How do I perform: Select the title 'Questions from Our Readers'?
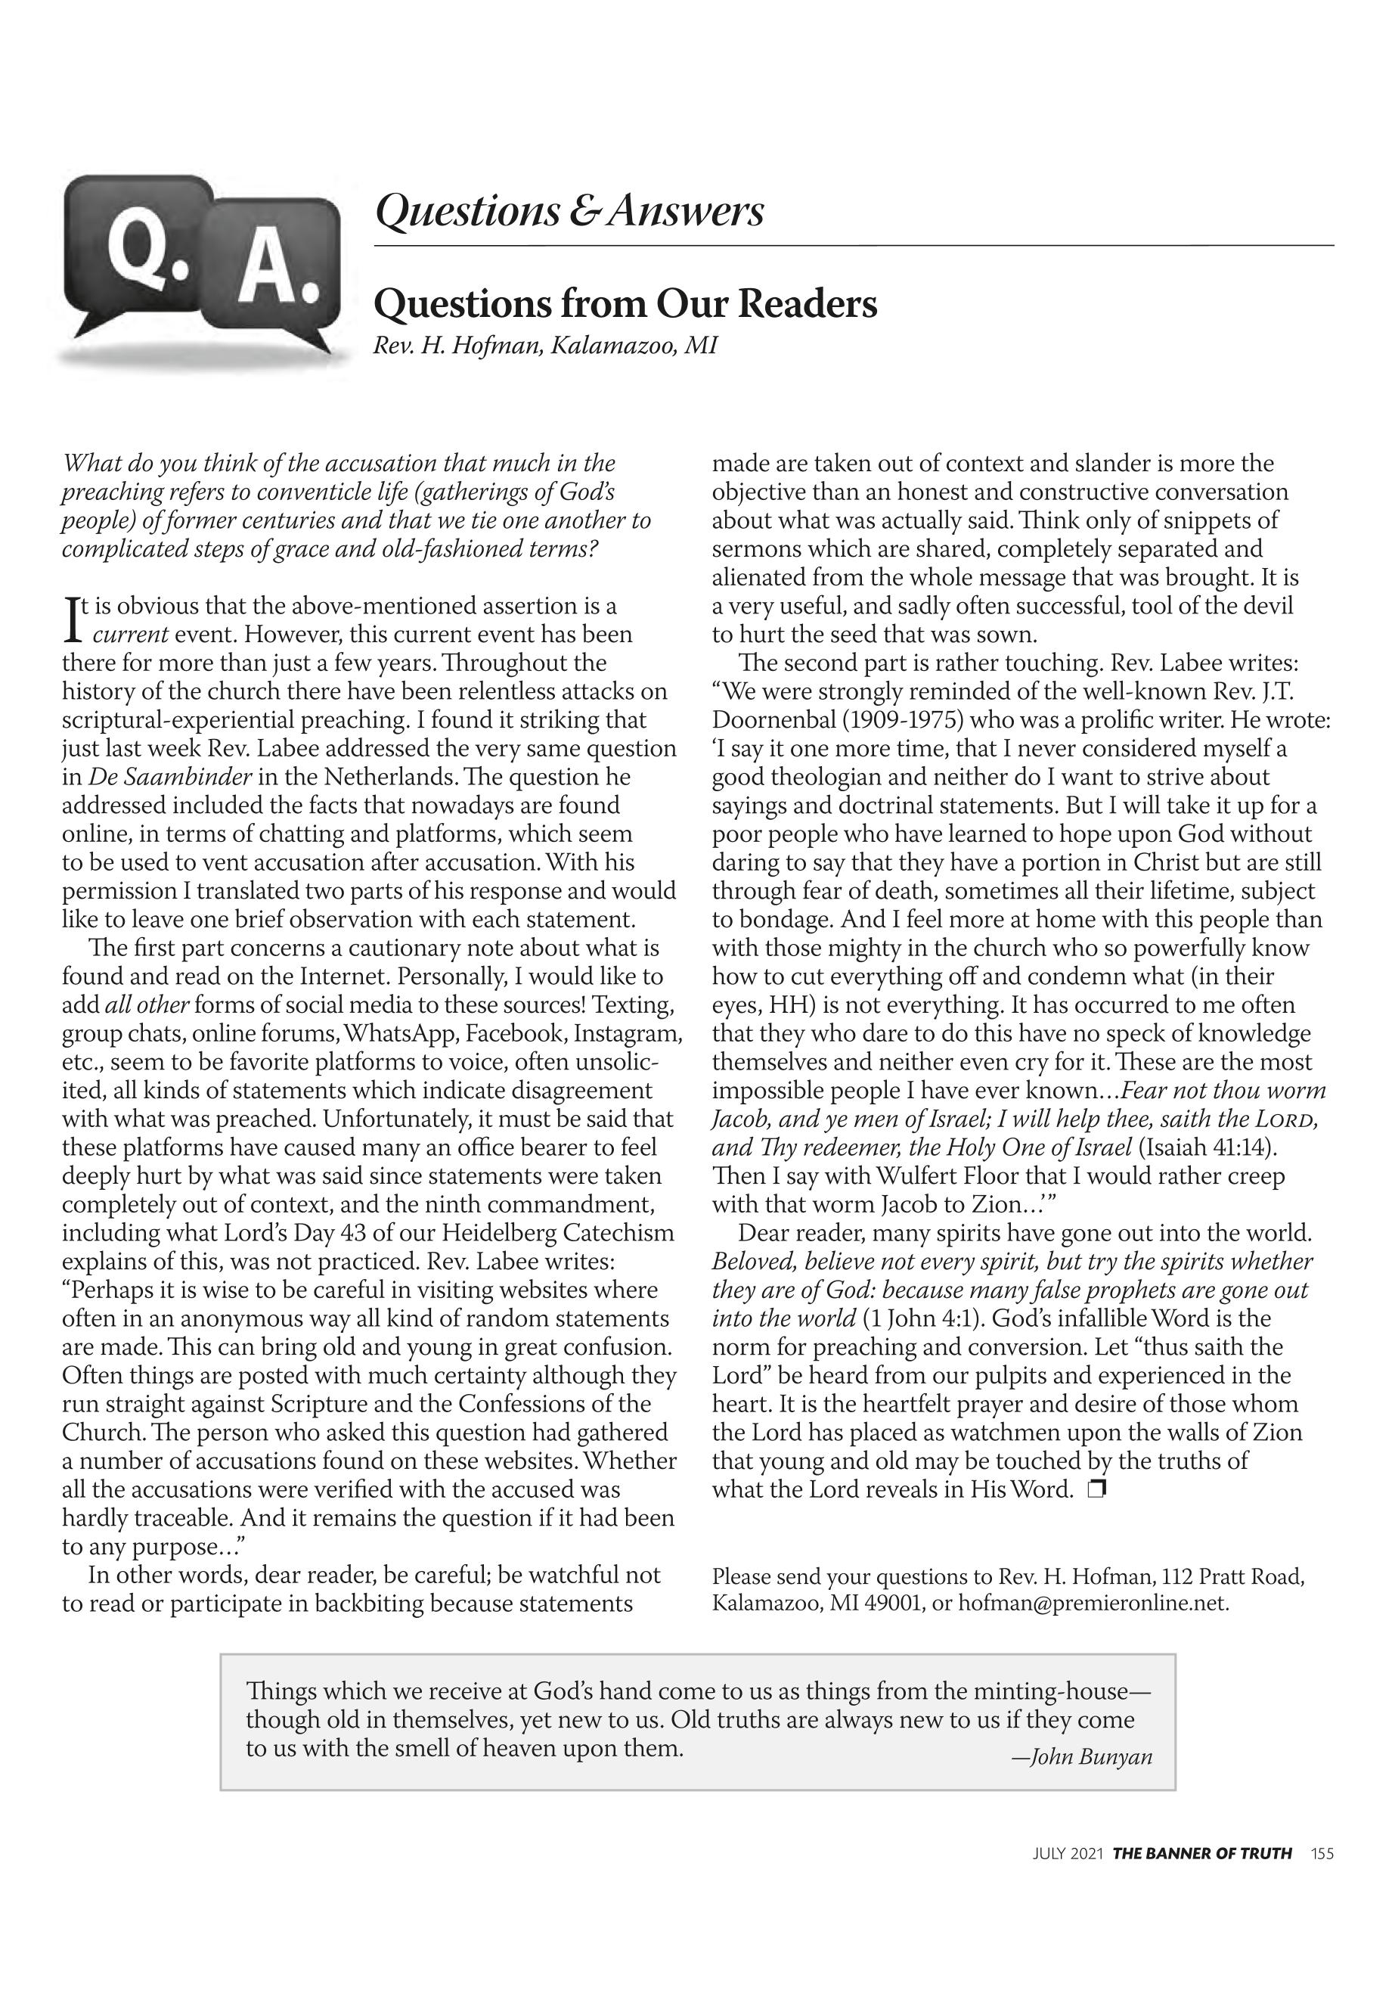[625, 304]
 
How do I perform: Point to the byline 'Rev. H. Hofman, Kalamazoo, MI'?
[544, 346]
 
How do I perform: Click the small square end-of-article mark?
[1097, 1490]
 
